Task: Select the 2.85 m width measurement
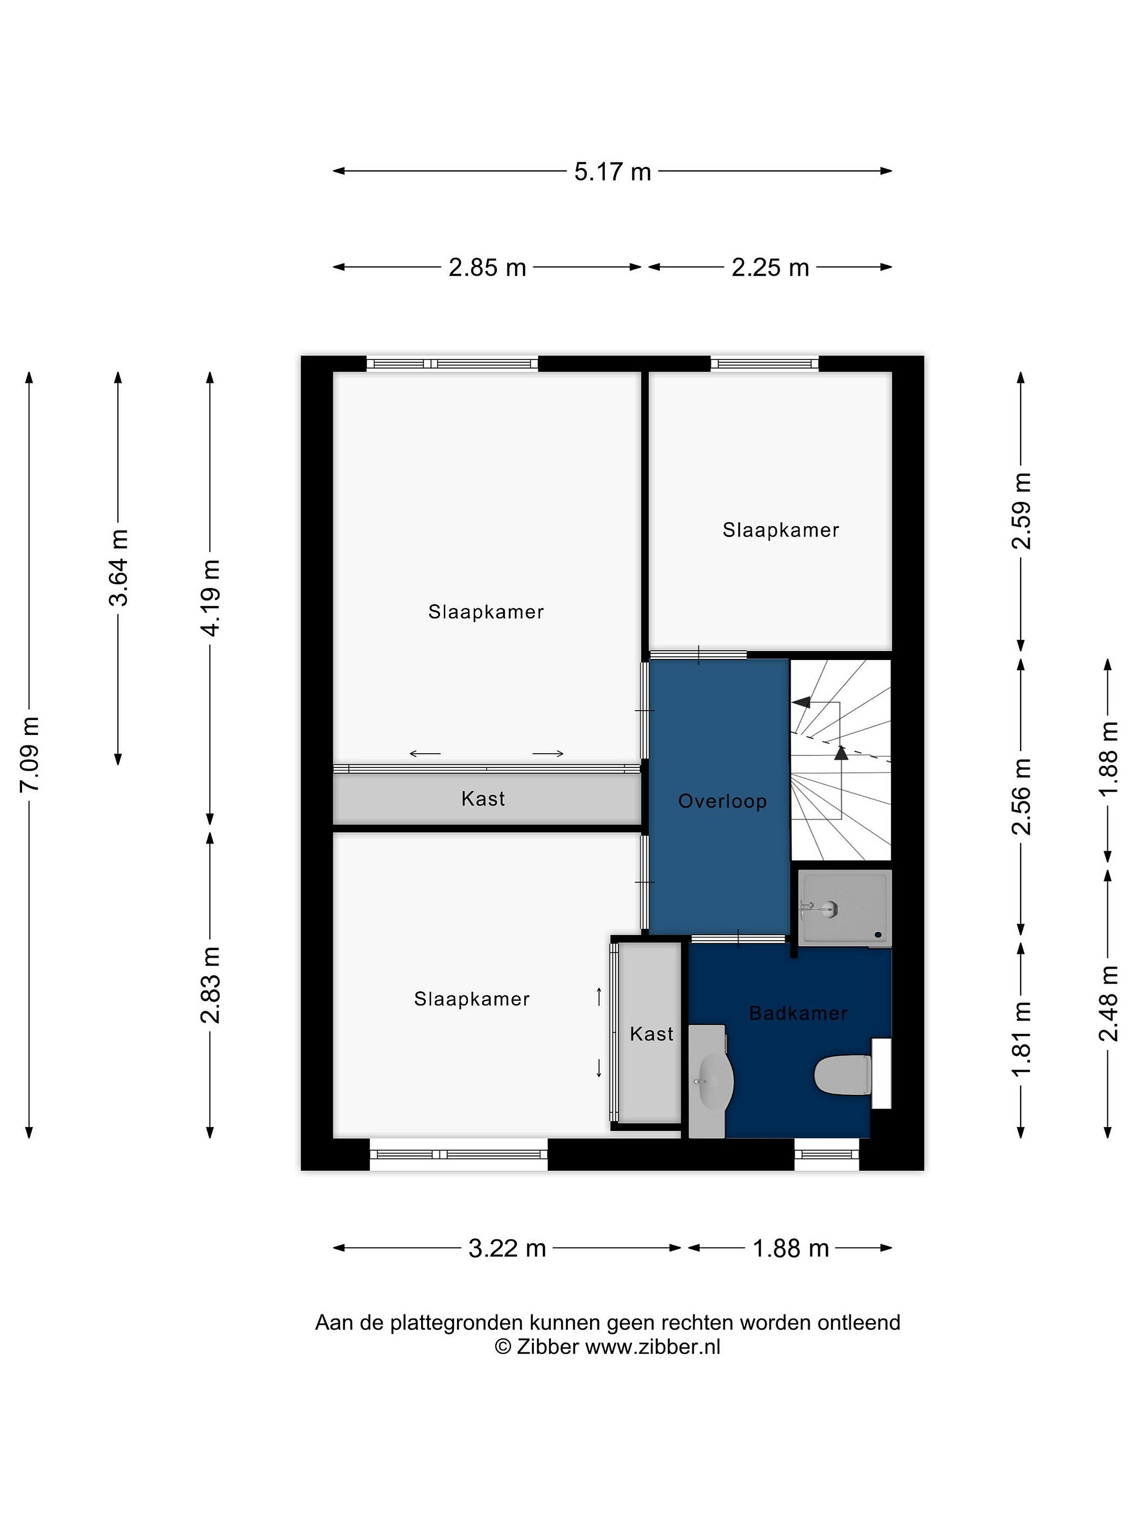point(487,267)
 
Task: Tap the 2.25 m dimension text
point(770,267)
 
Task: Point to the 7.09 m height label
point(29,754)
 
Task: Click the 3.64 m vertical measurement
point(118,568)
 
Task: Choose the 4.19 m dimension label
point(211,599)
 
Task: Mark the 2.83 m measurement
point(211,985)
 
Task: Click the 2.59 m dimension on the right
point(1021,511)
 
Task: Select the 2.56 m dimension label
point(1021,796)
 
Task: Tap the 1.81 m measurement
point(1021,1039)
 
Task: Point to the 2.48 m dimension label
point(1108,1003)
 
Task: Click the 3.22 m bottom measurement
point(507,1249)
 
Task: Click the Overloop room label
point(722,801)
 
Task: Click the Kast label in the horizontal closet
point(483,799)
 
